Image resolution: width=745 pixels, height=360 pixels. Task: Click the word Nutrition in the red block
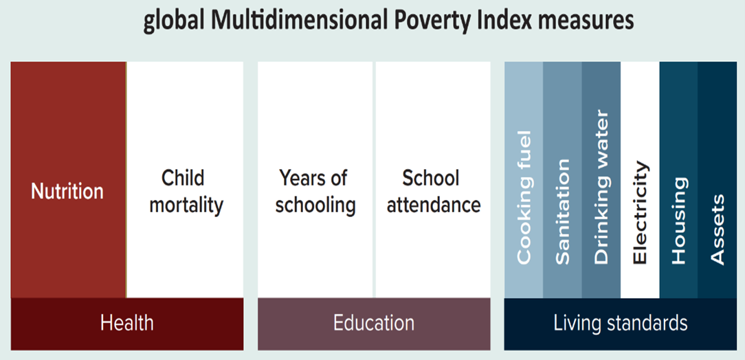67,192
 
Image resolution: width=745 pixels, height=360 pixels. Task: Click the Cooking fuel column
524,180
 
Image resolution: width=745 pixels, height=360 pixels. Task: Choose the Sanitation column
563,180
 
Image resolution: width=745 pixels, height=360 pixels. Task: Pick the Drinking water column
601,180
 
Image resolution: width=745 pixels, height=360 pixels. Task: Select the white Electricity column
640,180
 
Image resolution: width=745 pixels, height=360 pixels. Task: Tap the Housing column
678,180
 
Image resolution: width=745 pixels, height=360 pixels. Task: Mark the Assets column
718,180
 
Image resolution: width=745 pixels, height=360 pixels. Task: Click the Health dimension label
127,324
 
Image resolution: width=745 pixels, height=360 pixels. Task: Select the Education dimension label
374,324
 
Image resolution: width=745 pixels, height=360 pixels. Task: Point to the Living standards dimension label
621,324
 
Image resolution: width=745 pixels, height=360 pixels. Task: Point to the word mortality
186,206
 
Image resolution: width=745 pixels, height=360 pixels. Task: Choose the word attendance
433,205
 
